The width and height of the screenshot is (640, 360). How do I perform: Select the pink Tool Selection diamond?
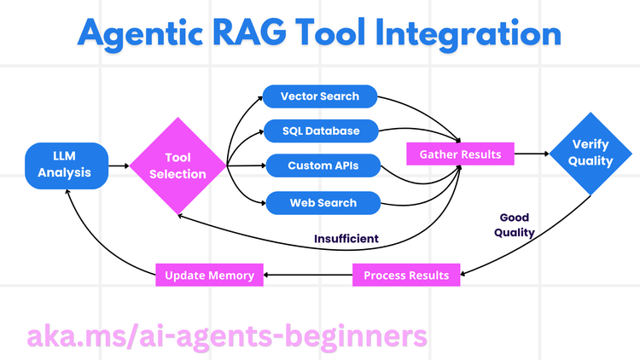178,165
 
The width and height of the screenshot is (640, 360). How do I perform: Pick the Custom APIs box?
311,166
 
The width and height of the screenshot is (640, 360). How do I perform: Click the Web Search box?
311,203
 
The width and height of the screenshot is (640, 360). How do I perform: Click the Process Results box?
406,275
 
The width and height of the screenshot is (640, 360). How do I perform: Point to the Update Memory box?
209,275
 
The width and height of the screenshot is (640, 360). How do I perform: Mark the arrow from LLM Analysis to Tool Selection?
119,165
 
